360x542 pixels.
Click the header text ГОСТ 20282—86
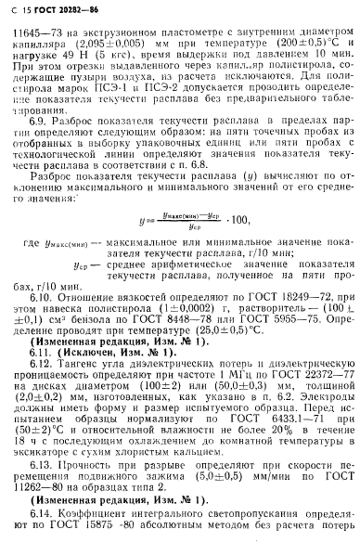click(x=63, y=10)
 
